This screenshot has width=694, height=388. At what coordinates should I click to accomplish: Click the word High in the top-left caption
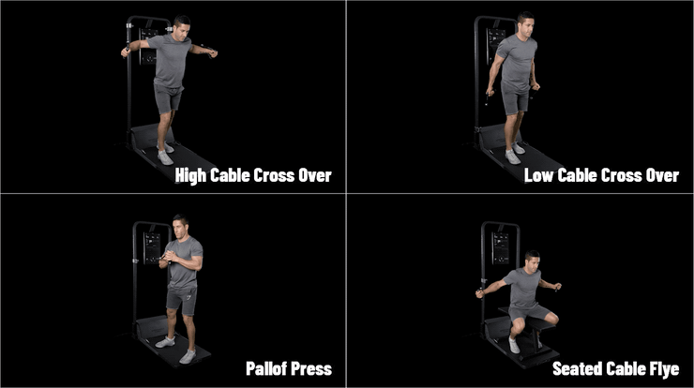point(190,176)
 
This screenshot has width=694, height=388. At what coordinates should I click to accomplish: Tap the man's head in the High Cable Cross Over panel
point(181,27)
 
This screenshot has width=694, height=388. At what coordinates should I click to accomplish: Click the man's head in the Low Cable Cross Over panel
point(525,23)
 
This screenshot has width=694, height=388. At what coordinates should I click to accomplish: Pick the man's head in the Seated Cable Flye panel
point(532,261)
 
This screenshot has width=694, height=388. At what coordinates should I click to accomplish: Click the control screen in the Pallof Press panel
point(152,248)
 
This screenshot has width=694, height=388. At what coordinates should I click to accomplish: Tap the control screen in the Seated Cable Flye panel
point(500,248)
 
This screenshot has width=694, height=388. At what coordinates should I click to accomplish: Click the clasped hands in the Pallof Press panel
point(166,258)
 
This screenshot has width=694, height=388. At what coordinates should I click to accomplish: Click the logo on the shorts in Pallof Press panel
point(189,295)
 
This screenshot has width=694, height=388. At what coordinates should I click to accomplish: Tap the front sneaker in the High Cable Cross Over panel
point(165,157)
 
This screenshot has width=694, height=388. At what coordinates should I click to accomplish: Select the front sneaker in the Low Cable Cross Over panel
point(513,157)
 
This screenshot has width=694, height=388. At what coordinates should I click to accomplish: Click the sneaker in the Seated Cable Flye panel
point(513,345)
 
